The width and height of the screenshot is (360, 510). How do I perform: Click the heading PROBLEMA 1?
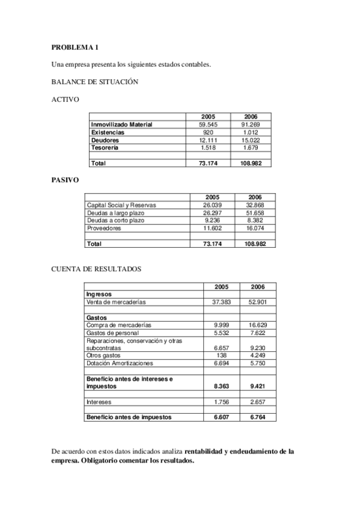coord(73,48)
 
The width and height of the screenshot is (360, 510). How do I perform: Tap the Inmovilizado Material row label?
coord(121,124)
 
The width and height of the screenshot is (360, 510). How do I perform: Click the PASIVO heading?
coord(65,179)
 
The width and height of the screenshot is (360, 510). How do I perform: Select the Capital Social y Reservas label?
coord(122,205)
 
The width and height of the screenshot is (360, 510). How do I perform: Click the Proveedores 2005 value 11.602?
coord(213,229)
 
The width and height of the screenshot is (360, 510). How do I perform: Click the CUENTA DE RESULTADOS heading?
coord(97,269)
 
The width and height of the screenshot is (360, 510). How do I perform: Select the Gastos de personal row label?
coord(112,333)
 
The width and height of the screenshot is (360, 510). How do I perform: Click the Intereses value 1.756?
coord(222,401)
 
